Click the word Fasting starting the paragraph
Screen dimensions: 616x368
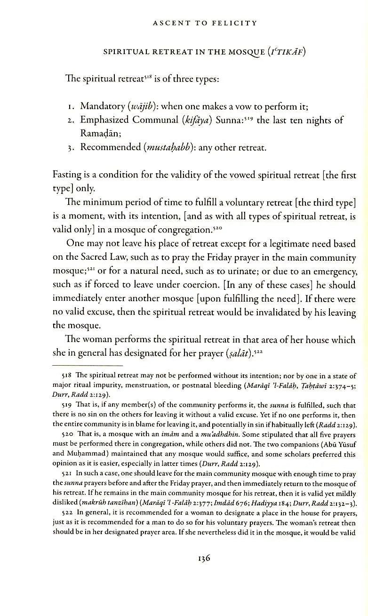click(68, 176)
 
